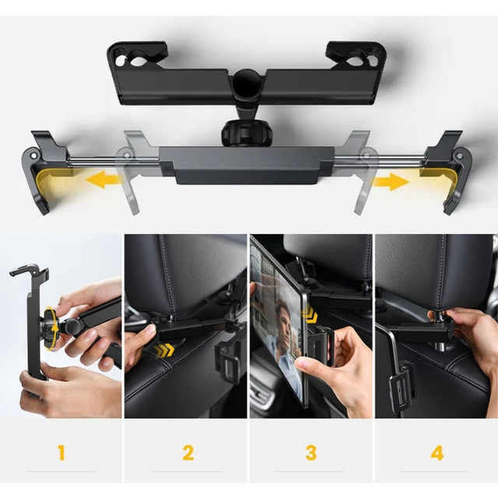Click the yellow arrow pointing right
(x=391, y=182)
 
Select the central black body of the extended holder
(x=244, y=164)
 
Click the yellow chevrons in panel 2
(x=164, y=349)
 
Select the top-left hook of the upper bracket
(x=137, y=58)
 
